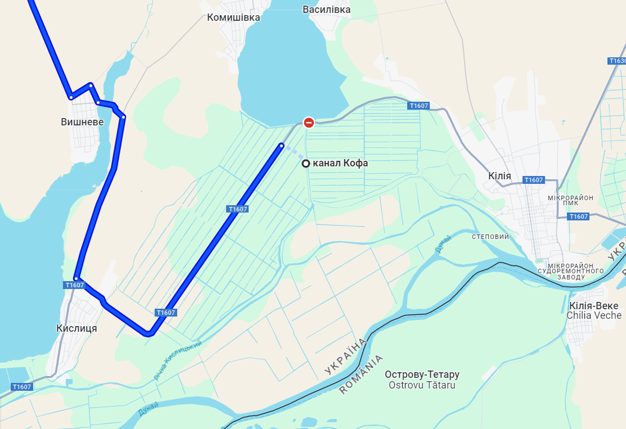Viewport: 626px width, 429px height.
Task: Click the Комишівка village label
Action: [x=233, y=17]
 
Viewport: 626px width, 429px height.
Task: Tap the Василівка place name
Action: [x=326, y=10]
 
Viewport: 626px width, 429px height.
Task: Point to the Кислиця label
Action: [x=77, y=328]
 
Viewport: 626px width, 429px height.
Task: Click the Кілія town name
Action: [x=500, y=176]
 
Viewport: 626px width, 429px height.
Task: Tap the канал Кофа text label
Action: [x=340, y=164]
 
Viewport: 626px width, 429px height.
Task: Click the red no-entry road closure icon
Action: [x=309, y=122]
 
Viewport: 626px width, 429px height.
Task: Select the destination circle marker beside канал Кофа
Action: [x=305, y=164]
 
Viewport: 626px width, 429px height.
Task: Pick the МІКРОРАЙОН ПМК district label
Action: [x=570, y=201]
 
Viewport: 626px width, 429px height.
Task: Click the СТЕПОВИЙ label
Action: [x=490, y=237]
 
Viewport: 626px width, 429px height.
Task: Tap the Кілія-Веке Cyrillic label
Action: [x=593, y=306]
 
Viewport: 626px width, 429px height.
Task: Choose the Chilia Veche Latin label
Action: [x=593, y=315]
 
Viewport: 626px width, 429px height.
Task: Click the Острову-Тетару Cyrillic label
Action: [x=422, y=374]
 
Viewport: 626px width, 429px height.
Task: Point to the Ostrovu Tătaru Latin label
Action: [x=422, y=385]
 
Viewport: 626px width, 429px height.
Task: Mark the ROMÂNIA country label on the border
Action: [x=362, y=374]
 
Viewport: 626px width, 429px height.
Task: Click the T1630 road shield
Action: [x=617, y=61]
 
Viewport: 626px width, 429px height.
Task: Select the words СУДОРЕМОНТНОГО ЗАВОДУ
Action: [x=570, y=274]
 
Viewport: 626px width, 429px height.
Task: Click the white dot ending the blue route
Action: [x=282, y=146]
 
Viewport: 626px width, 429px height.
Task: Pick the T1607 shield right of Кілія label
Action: [x=533, y=180]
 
